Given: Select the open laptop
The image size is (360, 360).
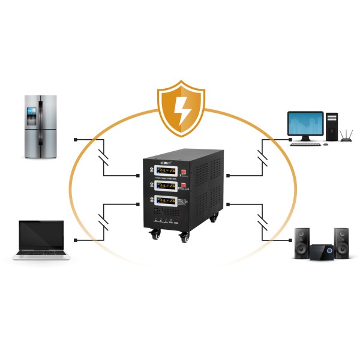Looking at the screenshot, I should pos(41,240).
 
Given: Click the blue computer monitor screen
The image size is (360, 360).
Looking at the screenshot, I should pos(306,124).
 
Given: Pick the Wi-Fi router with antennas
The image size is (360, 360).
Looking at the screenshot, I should pos(346,137).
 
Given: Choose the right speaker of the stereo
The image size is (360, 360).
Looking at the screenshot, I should pos(341,242).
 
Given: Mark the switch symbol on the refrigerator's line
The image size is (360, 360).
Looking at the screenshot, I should pos(104,157).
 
